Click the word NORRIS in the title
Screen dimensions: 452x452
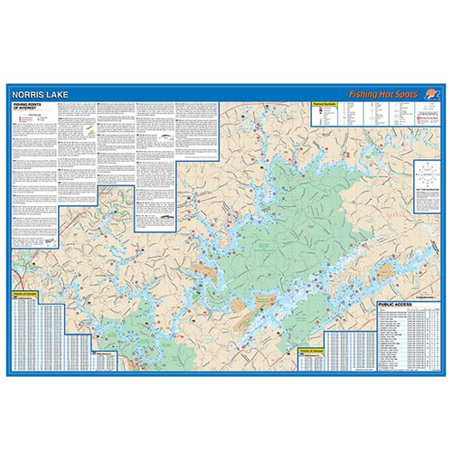point(29,93)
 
